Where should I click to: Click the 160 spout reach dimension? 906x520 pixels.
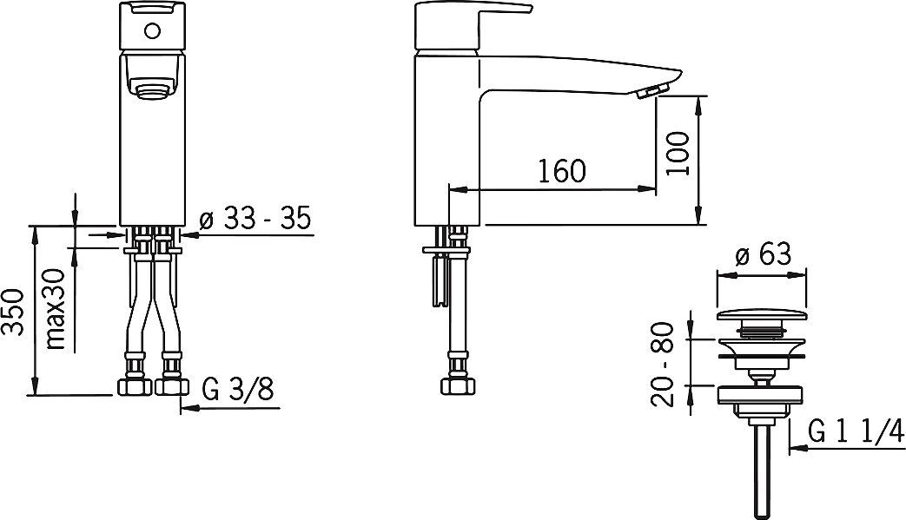pyautogui.click(x=562, y=170)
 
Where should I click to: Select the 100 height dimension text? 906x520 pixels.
pyautogui.click(x=677, y=154)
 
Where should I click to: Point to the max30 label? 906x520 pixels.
pyautogui.click(x=57, y=309)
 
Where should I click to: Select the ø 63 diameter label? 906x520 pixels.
pyautogui.click(x=764, y=254)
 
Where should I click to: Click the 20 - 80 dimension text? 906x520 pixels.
pyautogui.click(x=662, y=364)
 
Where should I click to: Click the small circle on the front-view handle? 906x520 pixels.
pyautogui.click(x=153, y=30)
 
